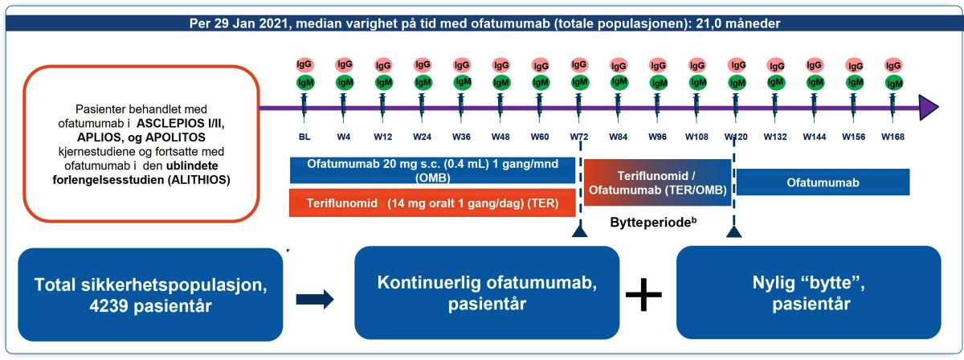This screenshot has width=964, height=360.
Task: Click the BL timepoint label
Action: tap(304, 137)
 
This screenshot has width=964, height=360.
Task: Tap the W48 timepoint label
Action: tap(500, 137)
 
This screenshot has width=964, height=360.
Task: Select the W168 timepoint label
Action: tap(893, 137)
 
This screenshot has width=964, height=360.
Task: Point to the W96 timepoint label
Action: tap(657, 137)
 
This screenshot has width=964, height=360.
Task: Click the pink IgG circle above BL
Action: tap(304, 64)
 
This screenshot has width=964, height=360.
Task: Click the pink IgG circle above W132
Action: tap(775, 64)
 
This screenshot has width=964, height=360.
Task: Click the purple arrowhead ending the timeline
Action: tap(929, 107)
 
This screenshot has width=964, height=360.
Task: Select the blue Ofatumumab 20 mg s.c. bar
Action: tap(433, 170)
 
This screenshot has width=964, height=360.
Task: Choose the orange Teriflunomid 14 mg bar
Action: tap(433, 203)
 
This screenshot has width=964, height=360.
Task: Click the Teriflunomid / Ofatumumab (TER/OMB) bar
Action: tap(657, 182)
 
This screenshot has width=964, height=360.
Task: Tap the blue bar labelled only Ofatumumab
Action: tap(823, 182)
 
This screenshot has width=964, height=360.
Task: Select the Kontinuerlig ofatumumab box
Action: tap(487, 292)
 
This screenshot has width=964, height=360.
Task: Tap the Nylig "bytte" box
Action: tap(808, 292)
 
